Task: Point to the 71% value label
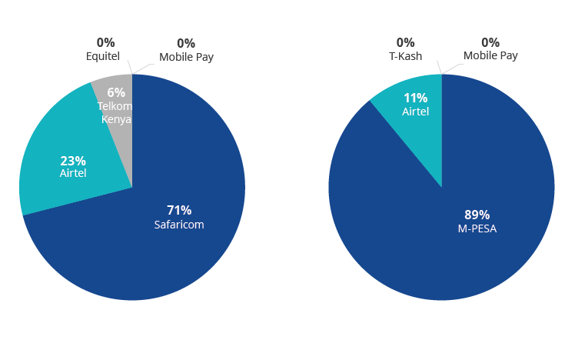tap(179, 210)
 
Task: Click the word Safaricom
tap(179, 225)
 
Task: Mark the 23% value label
tap(73, 161)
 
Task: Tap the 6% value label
tap(116, 92)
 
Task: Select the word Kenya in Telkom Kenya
tap(116, 119)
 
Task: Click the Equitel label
tap(102, 56)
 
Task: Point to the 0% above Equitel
tap(105, 43)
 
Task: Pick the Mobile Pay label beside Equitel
tap(186, 57)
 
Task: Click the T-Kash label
tap(405, 55)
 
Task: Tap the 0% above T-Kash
tap(405, 42)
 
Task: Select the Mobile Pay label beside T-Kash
tap(490, 55)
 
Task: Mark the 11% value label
tap(415, 98)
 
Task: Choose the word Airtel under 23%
tap(73, 174)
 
